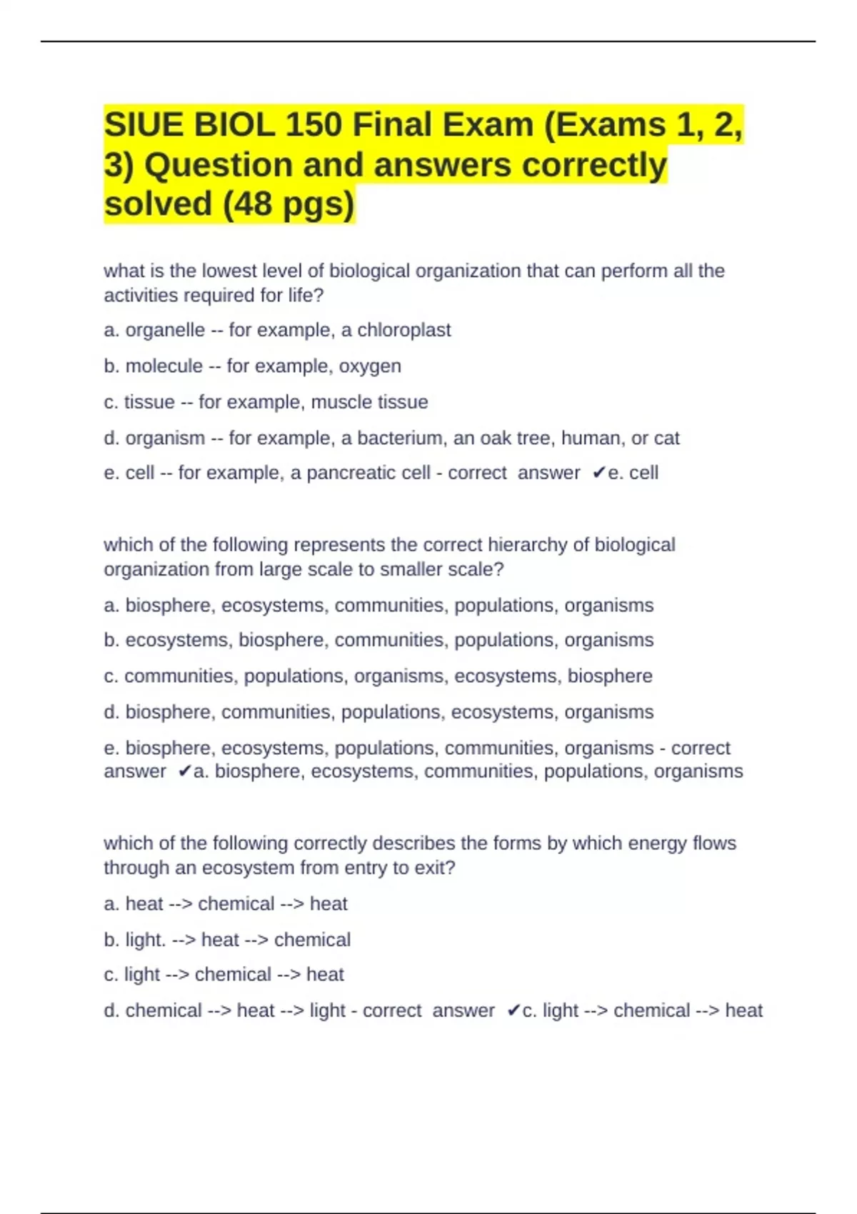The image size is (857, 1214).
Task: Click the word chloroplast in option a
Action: click(404, 330)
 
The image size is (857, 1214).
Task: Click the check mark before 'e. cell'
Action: click(599, 473)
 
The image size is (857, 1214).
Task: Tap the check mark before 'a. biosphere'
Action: click(184, 772)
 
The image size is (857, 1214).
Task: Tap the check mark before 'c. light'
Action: click(513, 1011)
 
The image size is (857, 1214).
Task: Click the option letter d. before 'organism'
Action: click(111, 438)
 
